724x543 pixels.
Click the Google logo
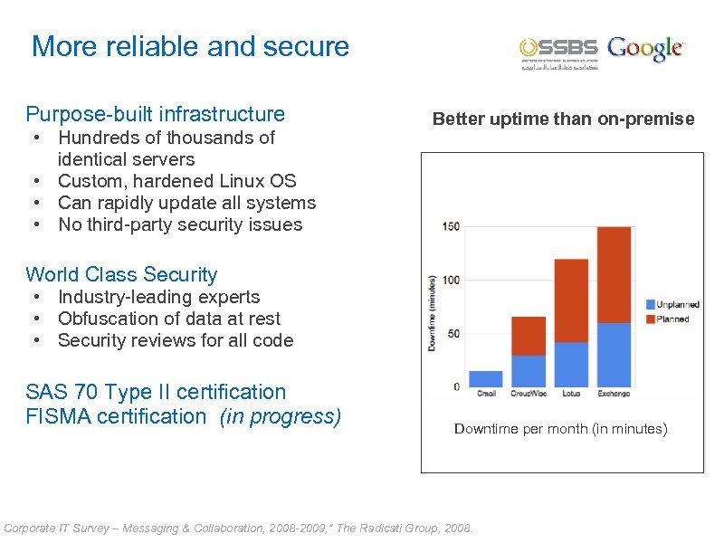645,48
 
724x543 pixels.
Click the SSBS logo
558,52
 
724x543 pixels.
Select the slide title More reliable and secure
190,47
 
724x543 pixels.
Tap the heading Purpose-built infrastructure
155,114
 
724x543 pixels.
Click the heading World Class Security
121,274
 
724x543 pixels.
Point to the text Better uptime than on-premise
563,119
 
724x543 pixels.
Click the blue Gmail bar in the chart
486,378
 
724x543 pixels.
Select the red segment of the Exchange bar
614,274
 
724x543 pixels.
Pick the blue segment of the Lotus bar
571,364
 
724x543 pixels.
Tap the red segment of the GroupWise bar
529,336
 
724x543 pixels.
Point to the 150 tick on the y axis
450,226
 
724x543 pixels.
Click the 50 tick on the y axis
452,333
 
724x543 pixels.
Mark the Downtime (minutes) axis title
432,313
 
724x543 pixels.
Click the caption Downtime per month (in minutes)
560,428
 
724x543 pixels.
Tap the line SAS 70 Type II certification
156,392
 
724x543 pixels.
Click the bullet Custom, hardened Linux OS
176,181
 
